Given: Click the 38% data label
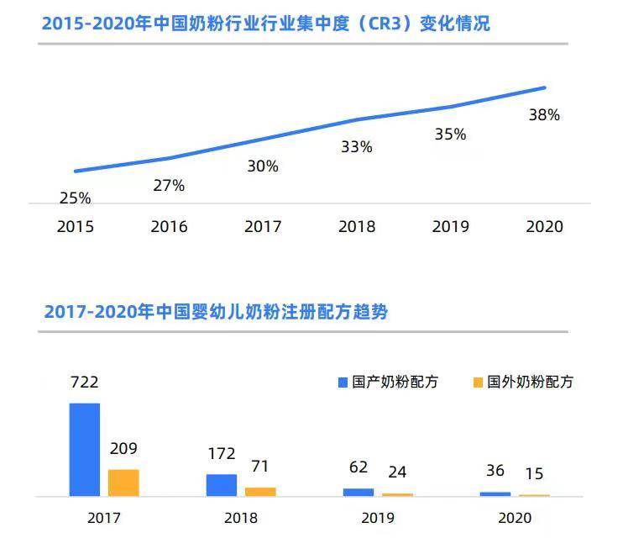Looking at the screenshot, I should (544, 116).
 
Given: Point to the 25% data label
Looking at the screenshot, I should (75, 199).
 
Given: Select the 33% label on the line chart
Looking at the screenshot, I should (356, 147).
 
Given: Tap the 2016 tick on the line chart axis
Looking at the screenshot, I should (169, 227).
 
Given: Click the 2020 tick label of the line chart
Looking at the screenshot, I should (544, 227).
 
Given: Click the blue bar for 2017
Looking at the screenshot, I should (84, 450).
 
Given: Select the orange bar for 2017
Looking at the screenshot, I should (123, 483).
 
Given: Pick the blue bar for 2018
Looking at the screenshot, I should (222, 485).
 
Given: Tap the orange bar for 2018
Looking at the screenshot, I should (260, 492).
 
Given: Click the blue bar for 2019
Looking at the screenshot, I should (358, 492).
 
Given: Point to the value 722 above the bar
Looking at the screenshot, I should (84, 383).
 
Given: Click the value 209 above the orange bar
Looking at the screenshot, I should (123, 449).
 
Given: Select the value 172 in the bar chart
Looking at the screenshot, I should (222, 454).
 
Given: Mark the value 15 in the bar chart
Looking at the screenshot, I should (534, 475).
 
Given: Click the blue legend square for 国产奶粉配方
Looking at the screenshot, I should (343, 383).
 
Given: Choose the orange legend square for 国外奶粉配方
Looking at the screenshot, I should (479, 383).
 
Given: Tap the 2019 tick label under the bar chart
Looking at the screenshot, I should (378, 518).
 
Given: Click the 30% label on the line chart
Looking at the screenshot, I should (263, 166).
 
